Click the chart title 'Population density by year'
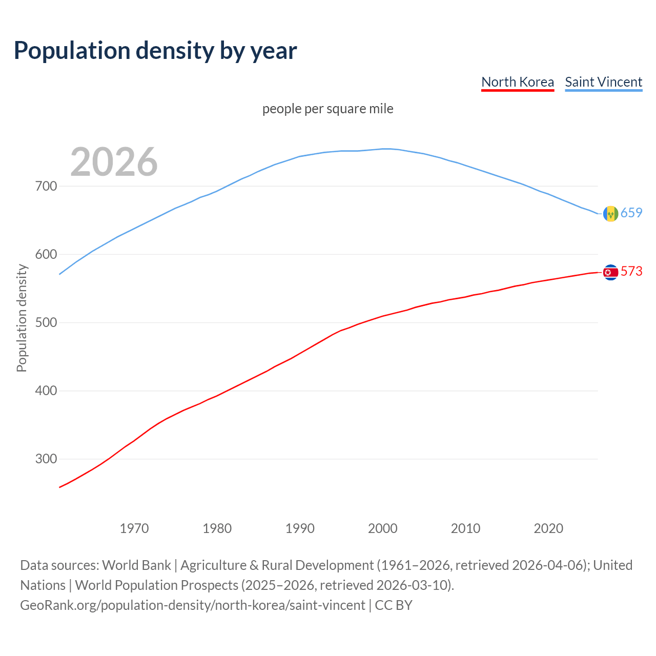coord(155,51)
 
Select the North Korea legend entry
coord(518,82)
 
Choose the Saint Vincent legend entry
coord(603,82)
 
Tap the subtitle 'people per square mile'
coord(328,109)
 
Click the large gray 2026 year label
coord(114,162)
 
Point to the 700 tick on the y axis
coord(46,186)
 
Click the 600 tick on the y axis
coord(46,254)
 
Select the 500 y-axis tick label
coord(46,322)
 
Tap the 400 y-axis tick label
coord(46,391)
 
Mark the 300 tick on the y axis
coord(46,459)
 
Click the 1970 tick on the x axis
coord(134,528)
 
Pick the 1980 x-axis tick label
coord(217,528)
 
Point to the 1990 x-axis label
coord(300,528)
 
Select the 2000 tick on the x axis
coord(383,528)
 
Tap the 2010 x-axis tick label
coord(465,528)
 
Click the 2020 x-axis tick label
coord(548,528)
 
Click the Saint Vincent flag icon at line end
coord(610,214)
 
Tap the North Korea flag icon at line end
coord(610,272)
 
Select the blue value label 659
coord(631,213)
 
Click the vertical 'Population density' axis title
coord(22,318)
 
